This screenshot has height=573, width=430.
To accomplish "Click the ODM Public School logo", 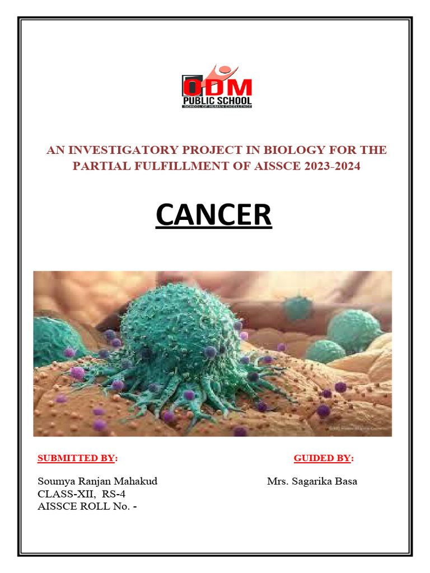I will [x=217, y=88].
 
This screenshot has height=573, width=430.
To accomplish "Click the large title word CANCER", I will [x=213, y=215].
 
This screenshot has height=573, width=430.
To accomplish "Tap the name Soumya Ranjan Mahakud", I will [x=97, y=481].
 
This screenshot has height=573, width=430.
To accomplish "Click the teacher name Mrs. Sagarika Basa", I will [x=312, y=481].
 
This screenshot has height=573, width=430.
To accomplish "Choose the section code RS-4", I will [x=105, y=494].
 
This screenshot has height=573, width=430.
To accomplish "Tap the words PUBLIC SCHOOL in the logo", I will [x=217, y=101].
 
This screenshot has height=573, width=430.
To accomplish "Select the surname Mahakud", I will [x=137, y=481].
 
